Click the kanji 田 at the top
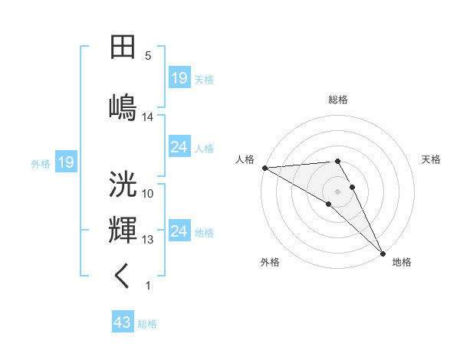point(123,47)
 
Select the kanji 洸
point(123,185)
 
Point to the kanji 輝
point(123,231)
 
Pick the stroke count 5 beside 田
point(148,56)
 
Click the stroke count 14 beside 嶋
point(148,117)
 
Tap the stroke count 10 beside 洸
point(148,194)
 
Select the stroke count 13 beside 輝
point(148,240)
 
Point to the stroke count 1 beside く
point(148,286)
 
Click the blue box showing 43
point(123,323)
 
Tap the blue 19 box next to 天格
point(179,78)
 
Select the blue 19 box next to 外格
point(65,162)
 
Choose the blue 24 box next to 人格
point(179,147)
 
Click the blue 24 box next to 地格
point(179,231)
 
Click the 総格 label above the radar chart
point(338,100)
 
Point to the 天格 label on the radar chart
point(432,159)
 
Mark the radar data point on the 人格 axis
point(264,168)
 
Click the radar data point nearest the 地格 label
point(383,252)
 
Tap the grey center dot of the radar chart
point(337,191)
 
